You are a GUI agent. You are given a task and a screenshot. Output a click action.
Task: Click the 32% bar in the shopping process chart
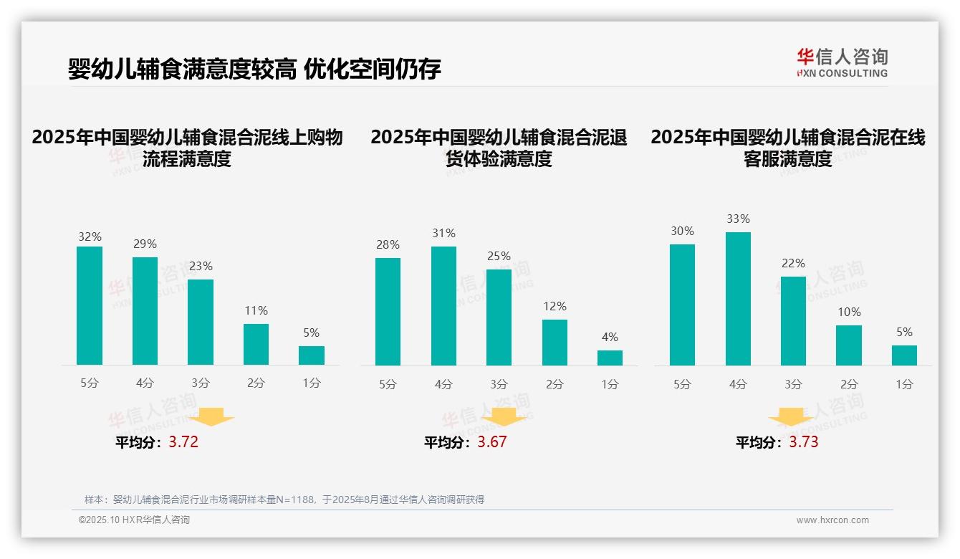(90, 306)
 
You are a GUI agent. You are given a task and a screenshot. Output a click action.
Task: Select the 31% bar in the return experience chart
(443, 306)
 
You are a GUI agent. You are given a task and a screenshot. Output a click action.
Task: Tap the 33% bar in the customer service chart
(738, 299)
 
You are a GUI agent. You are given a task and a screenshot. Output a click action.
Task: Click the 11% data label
(256, 310)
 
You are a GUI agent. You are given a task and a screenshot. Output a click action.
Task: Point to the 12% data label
(555, 306)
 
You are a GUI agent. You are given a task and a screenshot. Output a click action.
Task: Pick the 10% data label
(849, 312)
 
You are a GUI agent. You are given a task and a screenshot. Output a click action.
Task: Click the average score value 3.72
(183, 442)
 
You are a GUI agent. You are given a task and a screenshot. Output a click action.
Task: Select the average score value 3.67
(492, 442)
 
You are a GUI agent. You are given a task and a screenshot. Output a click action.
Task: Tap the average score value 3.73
(804, 442)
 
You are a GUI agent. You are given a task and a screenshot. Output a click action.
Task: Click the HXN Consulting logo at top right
(842, 63)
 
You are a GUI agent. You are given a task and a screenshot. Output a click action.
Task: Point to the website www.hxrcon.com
(832, 520)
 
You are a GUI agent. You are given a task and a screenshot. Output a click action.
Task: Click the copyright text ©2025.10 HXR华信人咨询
(134, 520)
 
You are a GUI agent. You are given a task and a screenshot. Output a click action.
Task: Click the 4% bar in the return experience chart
(610, 358)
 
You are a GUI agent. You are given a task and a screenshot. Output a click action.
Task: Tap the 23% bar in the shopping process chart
(201, 322)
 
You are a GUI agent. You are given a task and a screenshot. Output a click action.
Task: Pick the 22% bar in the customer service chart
(793, 321)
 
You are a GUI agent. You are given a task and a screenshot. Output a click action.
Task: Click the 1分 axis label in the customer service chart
(904, 384)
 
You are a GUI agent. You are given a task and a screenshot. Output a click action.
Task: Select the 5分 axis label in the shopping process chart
(90, 383)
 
